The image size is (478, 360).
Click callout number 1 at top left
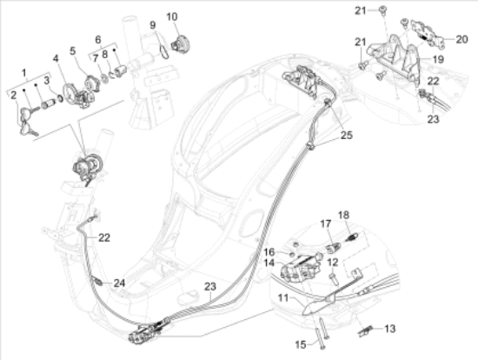click(24, 70)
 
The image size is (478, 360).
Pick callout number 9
click(154, 25)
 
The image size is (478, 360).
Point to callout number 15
click(300, 345)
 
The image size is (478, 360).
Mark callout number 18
click(342, 214)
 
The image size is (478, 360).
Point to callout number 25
click(346, 135)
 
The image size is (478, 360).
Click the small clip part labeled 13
click(366, 329)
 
